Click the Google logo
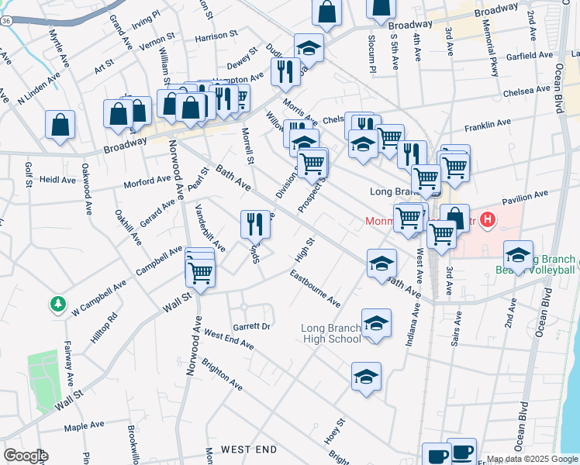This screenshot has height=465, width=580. (25, 456)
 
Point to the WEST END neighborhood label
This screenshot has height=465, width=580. (248, 449)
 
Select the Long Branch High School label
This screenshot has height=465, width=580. (332, 333)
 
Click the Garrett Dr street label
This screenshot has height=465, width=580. (250, 327)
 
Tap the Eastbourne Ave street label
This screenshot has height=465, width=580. (316, 288)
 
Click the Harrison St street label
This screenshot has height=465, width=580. (216, 36)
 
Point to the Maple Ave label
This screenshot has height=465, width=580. (85, 425)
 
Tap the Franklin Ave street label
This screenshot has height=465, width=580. (488, 123)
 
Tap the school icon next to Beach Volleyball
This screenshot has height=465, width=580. (518, 255)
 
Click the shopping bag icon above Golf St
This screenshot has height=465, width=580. (60, 125)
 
